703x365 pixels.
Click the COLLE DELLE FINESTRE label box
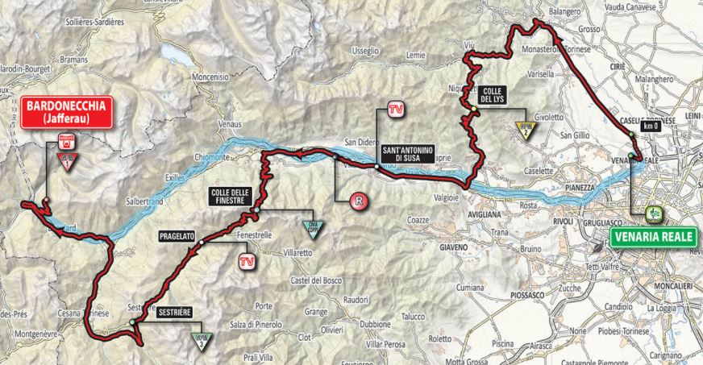coord(231,195)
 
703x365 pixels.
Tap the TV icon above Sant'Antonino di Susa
coord(394,109)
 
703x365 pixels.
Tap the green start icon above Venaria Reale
coord(655,214)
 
